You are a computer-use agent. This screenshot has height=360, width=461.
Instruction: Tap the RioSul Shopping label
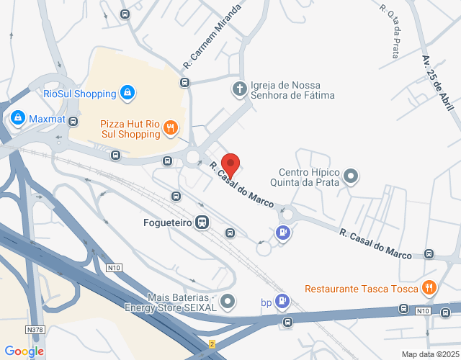(79, 94)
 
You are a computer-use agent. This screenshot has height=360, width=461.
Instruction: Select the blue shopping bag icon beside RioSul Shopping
(127, 93)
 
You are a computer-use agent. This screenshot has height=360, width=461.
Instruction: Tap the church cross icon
(238, 89)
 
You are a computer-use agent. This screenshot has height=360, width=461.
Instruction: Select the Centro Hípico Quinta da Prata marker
(350, 175)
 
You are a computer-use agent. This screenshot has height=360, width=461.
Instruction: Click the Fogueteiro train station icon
(203, 222)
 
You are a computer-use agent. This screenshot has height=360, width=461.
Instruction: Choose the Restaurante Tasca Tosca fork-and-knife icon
(429, 288)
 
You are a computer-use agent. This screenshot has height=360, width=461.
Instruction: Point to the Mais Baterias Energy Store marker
(228, 301)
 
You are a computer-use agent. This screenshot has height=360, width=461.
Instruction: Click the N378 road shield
(34, 329)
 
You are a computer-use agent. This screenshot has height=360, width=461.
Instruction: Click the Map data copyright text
(429, 354)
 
